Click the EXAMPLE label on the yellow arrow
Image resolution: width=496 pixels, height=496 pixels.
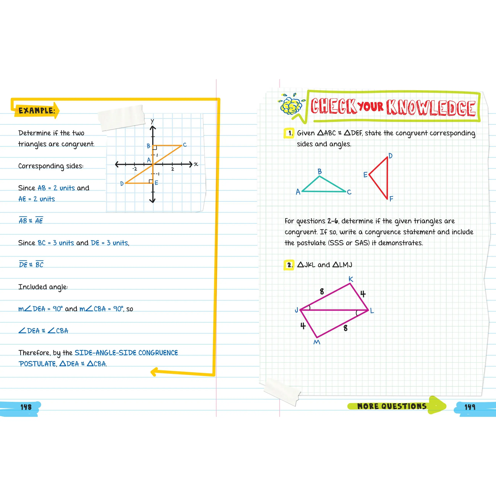pos(37,111)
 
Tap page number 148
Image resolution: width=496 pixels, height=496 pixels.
pos(26,407)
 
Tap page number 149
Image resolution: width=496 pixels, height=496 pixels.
pos(470,407)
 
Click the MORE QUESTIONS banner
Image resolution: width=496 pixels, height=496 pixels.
pos(392,406)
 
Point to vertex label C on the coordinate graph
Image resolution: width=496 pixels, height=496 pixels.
pos(185,145)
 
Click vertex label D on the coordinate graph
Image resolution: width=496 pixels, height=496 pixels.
pos(122,184)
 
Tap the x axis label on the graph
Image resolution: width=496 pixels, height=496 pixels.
pos(196,164)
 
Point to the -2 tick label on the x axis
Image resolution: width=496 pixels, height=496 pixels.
pos(134,169)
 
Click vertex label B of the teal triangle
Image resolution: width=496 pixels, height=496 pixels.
pos(320,171)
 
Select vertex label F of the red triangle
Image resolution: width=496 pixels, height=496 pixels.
pos(391,198)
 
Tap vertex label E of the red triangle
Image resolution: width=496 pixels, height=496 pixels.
pos(365,175)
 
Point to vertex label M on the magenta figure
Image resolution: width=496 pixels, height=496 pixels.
pos(317,342)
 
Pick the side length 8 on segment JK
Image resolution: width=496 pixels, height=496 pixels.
pos(322,291)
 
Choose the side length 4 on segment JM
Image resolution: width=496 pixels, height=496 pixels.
pos(303,326)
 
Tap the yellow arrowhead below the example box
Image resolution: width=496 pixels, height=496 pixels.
pos(155,371)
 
